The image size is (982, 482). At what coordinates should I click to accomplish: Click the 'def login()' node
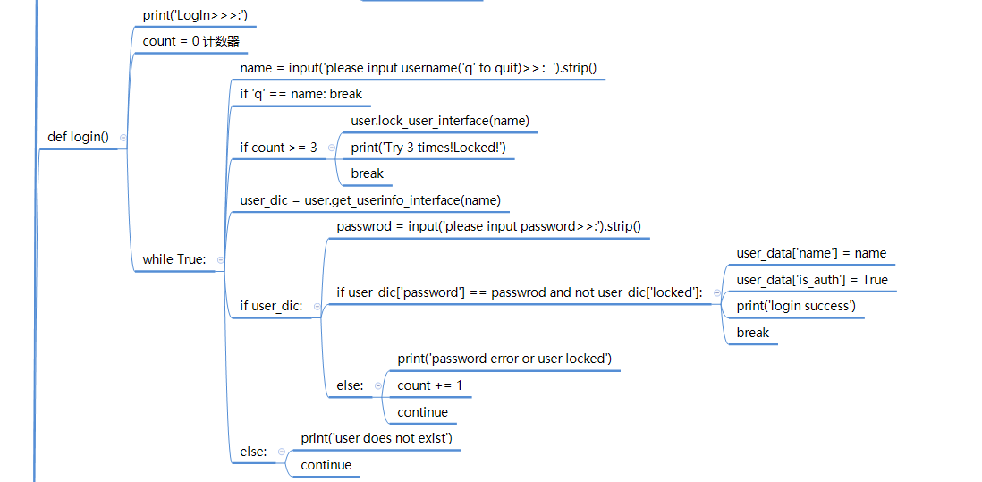[79, 137]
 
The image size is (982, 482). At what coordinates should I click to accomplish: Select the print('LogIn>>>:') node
[195, 15]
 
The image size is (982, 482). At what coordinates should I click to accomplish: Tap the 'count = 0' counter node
[191, 41]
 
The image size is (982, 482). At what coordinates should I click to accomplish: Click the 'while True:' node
[174, 259]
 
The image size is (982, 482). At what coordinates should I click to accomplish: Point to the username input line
[419, 68]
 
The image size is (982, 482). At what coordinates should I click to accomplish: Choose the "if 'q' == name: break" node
[301, 95]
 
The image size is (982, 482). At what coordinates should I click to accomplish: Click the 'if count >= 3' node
[279, 148]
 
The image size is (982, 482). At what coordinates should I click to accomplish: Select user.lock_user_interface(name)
[440, 121]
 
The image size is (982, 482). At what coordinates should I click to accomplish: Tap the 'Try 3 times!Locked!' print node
[428, 147]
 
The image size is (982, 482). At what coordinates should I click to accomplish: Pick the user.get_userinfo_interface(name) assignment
[370, 200]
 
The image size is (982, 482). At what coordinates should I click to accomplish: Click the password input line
[489, 226]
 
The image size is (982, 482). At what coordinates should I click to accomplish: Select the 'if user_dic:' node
[272, 306]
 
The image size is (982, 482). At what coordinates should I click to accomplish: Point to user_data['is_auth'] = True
[812, 280]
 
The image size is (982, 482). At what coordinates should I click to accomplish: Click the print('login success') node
[796, 306]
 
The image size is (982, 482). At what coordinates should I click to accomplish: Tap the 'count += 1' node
[430, 385]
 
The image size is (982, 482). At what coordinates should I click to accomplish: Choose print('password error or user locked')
[504, 359]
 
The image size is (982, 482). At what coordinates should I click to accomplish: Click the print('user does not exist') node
[377, 438]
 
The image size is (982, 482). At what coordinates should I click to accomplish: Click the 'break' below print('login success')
[753, 333]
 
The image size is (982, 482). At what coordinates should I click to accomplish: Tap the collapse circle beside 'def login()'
[123, 137]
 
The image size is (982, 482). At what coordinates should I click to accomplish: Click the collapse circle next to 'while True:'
[220, 259]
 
